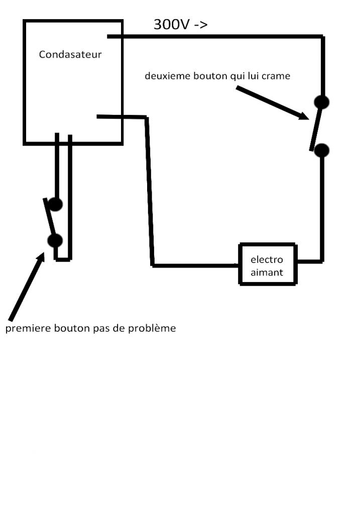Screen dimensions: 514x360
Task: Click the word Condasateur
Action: tap(70, 54)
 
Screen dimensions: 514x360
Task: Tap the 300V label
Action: tap(171, 25)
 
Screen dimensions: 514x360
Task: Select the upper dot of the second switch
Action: tap(322, 102)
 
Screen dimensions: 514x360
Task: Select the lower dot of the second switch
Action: tap(322, 150)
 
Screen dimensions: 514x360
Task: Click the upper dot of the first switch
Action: tap(55, 204)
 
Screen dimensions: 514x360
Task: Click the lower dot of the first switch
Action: tap(55, 240)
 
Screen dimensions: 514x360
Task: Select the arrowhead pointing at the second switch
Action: tap(303, 116)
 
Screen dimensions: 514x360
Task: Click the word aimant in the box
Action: tap(267, 273)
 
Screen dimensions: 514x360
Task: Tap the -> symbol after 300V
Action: tap(200, 25)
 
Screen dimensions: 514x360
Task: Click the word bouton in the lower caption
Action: tap(66, 329)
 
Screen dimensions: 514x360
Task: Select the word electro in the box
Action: tap(267, 260)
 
